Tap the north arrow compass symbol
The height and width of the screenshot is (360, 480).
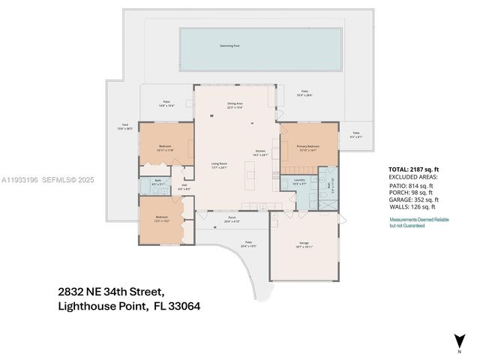(458, 341)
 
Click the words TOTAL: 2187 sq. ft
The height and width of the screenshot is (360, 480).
(416, 170)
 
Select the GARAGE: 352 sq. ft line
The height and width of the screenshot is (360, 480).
(414, 199)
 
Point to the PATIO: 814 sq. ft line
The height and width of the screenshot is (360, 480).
(411, 185)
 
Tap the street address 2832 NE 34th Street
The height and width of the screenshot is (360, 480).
(110, 290)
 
